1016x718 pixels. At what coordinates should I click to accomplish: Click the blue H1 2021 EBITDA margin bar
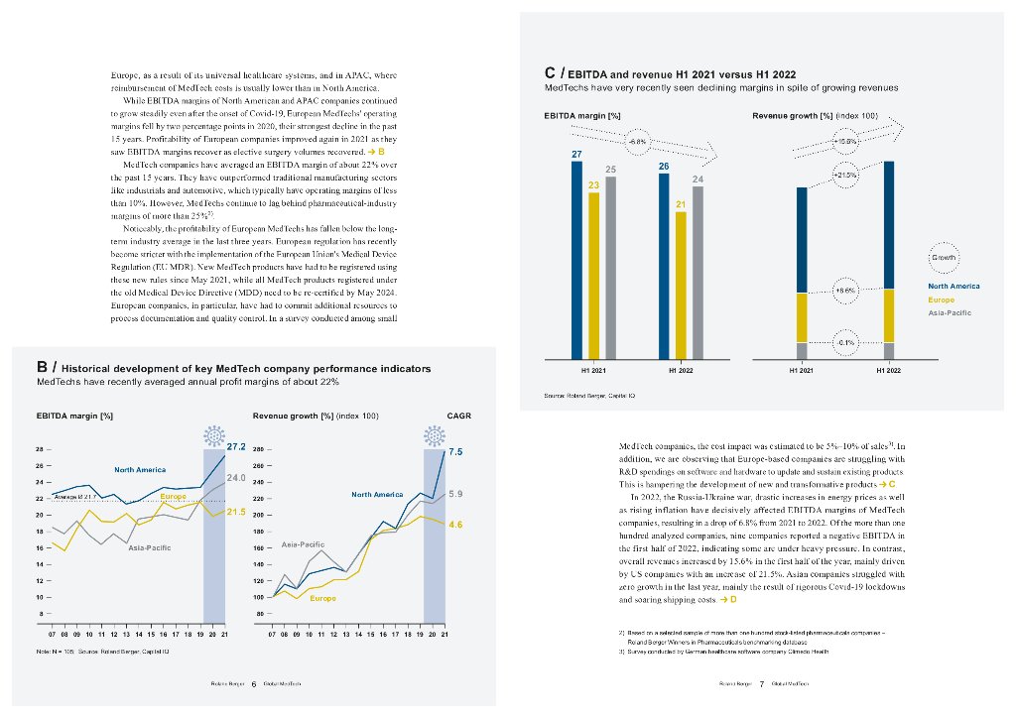pos(576,258)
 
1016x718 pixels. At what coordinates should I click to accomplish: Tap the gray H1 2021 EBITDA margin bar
pos(610,268)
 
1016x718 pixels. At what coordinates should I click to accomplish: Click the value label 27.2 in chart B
pos(237,447)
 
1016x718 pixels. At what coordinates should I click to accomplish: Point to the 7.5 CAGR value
pos(455,451)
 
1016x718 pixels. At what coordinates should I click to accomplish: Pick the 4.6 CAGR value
pos(455,524)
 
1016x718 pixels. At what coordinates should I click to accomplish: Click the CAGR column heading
pos(458,416)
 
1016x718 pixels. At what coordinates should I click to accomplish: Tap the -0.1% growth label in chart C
pos(844,342)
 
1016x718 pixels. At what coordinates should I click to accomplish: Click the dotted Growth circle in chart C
pos(945,257)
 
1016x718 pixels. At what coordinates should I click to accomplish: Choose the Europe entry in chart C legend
pos(941,299)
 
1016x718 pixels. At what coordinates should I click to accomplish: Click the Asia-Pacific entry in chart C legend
pos(949,312)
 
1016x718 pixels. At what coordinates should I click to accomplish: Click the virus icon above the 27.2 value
pos(212,436)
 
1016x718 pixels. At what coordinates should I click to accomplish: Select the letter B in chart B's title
pos(41,368)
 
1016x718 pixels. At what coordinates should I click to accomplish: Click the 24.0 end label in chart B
pos(237,478)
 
